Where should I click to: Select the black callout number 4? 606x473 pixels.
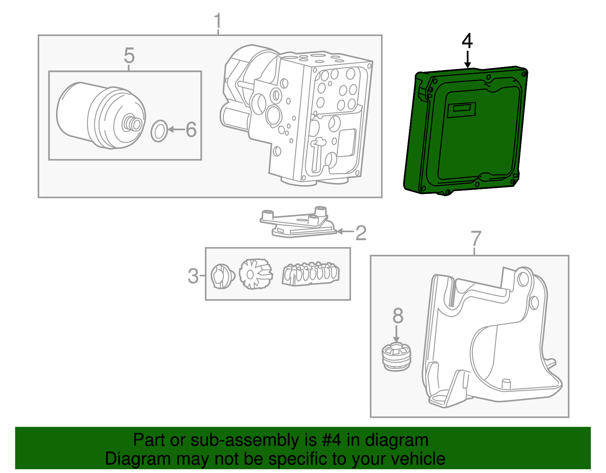467,41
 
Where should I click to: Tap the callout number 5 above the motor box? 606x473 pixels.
129,56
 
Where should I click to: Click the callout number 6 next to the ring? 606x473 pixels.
191,130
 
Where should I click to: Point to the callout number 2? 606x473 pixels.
361,233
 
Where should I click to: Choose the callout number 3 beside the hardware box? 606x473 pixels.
193,276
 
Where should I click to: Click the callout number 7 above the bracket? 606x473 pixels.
476,239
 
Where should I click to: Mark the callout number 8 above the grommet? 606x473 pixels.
398,315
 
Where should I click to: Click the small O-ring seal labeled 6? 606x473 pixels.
159,131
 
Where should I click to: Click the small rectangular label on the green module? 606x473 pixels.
462,110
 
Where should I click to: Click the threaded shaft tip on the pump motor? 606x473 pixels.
133,123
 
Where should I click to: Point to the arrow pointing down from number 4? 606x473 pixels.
468,59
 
